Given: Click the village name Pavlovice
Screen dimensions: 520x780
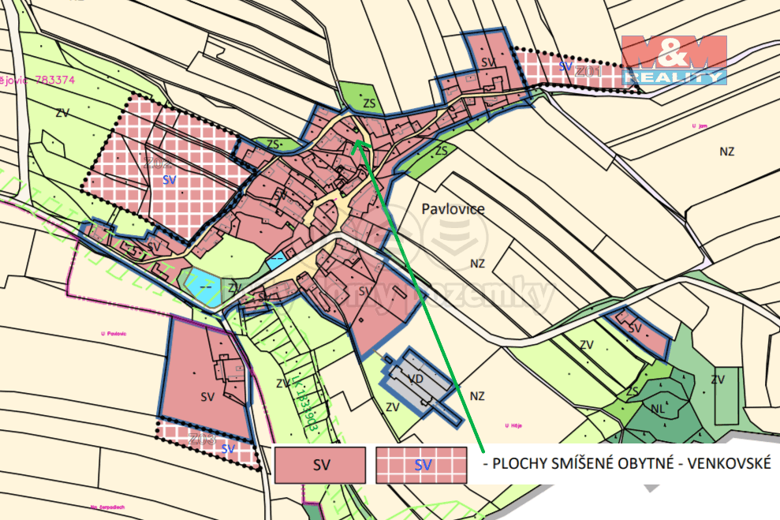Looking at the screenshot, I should click(453, 209).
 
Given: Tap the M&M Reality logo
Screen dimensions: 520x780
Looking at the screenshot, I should click(674, 60).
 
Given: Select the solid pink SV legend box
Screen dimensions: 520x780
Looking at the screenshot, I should click(319, 465).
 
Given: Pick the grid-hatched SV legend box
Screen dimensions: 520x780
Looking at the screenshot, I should click(423, 465).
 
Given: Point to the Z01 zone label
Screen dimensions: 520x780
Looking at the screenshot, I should click(588, 72).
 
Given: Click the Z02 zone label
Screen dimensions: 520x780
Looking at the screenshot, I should click(159, 163).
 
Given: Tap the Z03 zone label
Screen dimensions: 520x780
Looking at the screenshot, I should click(202, 439).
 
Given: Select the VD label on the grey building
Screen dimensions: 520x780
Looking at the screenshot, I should click(417, 379).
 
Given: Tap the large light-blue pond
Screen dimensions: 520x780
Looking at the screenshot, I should click(203, 286).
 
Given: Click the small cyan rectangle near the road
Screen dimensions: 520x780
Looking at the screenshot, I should click(277, 260).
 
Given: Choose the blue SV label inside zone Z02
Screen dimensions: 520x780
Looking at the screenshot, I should click(168, 180).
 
